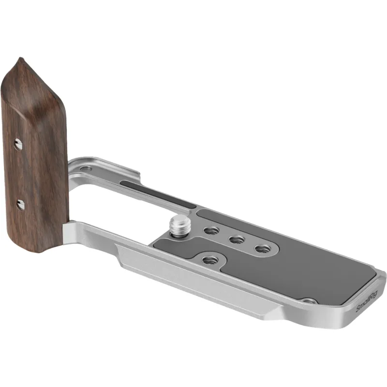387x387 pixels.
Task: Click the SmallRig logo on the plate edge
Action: tap(367, 302)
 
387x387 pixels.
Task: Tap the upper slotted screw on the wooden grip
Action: tap(18, 144)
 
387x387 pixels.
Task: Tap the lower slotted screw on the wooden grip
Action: tap(20, 204)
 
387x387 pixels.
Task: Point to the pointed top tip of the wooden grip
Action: tap(21, 58)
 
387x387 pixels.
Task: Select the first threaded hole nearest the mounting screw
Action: tap(211, 231)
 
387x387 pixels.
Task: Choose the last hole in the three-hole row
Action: tap(262, 249)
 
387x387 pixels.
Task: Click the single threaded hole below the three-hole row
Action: tap(210, 260)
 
